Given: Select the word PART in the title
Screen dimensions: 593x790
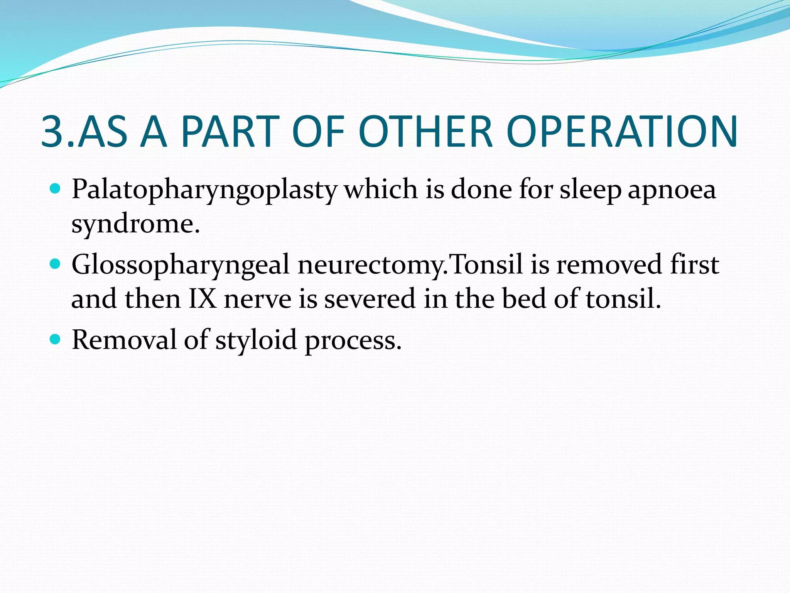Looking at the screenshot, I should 230,132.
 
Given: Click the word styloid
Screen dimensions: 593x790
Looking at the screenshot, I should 256,340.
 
